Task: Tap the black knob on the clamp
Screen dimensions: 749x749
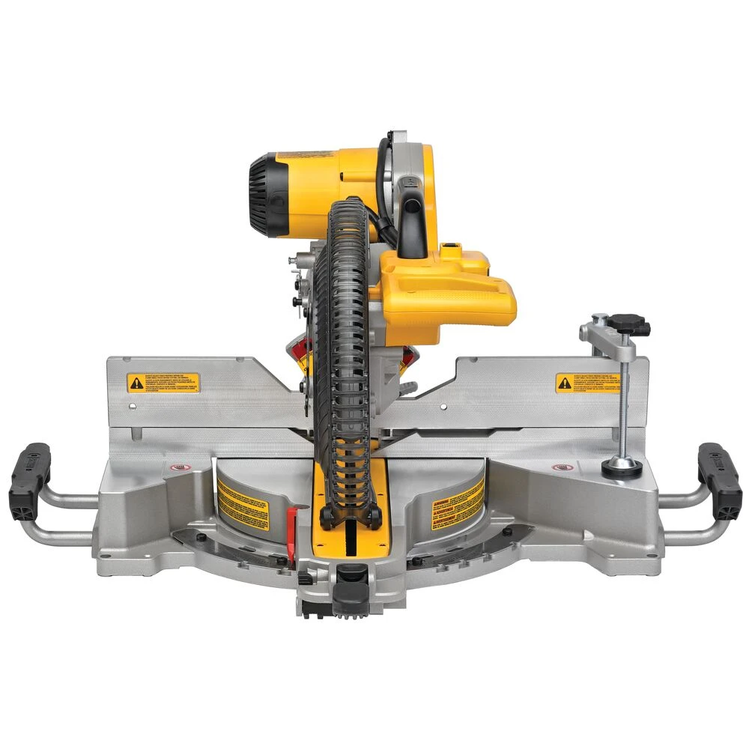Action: coord(628,324)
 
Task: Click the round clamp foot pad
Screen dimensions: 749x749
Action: coord(622,467)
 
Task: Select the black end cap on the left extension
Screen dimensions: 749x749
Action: coord(29,480)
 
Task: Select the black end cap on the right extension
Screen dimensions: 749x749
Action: coord(719,480)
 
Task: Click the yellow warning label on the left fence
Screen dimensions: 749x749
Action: coord(163,383)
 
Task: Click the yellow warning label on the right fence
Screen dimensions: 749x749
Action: coord(587,383)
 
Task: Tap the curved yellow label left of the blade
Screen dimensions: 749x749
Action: coord(243,503)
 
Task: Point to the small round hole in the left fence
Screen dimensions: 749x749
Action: coord(133,407)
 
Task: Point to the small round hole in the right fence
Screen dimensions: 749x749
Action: coord(443,407)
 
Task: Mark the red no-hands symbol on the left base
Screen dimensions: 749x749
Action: coord(178,467)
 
